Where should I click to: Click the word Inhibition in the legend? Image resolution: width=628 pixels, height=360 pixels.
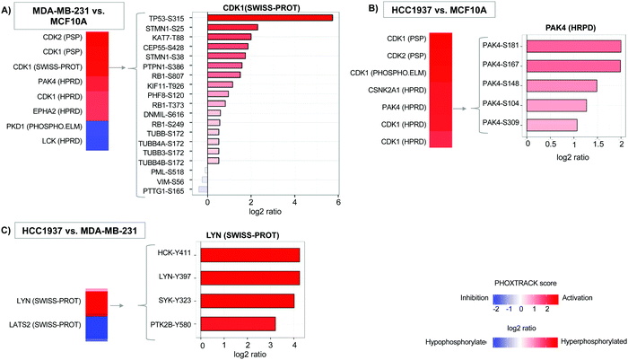pos(451,295)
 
